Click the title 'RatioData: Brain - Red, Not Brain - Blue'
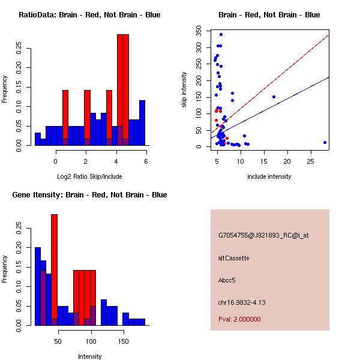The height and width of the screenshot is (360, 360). click(89, 14)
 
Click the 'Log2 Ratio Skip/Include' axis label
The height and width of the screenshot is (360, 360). click(89, 176)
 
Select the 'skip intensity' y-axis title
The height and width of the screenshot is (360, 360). click(185, 90)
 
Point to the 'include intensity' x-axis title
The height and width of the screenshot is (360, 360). click(269, 176)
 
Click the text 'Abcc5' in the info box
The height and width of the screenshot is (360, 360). click(227, 280)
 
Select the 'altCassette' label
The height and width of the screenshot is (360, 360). click(233, 258)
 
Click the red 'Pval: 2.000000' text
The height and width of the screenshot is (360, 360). click(239, 319)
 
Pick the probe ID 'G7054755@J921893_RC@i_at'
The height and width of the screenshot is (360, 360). click(263, 236)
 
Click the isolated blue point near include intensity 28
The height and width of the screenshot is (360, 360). click(325, 142)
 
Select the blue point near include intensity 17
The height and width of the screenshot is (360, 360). click(274, 97)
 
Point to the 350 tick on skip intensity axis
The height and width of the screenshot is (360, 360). click(200, 28)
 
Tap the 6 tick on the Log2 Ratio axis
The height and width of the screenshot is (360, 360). click(146, 160)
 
